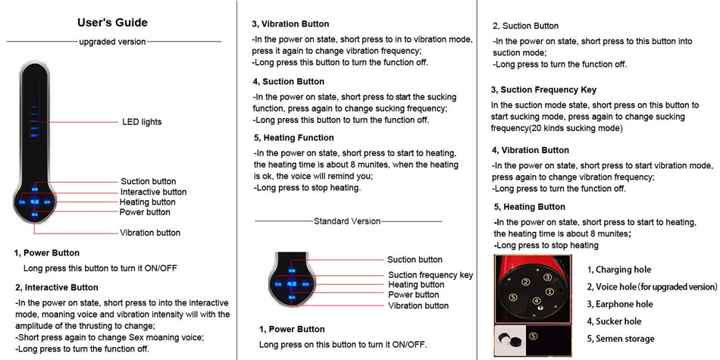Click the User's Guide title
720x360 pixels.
[x=112, y=23]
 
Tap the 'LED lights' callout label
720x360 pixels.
[x=142, y=122]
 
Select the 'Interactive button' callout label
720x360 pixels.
[x=153, y=192]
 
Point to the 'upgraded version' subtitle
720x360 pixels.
[x=112, y=42]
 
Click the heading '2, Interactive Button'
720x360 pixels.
[x=57, y=287]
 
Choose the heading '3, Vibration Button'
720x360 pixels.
[x=290, y=24]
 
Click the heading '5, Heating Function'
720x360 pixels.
[x=293, y=138]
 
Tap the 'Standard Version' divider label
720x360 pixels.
[x=347, y=221]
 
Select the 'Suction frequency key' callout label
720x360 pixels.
[x=430, y=275]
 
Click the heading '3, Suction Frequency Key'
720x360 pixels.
[x=543, y=89]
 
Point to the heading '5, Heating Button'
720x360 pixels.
[x=529, y=206]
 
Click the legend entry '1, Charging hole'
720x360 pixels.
[x=618, y=270]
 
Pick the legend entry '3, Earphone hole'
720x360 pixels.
[x=619, y=304]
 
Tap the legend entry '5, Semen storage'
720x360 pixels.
[x=620, y=339]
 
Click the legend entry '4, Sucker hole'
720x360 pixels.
[x=614, y=321]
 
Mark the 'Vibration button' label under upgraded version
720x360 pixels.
[x=150, y=233]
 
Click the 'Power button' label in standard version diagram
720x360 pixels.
[x=413, y=295]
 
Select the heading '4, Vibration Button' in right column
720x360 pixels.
[x=530, y=150]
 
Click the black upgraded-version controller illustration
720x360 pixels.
[x=35, y=144]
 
